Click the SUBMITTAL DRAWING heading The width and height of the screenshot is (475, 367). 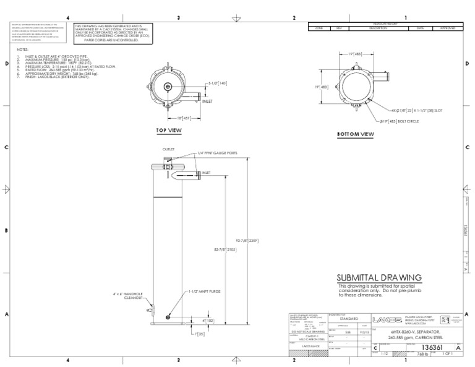tap(379, 277)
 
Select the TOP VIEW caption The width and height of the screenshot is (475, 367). tap(169, 131)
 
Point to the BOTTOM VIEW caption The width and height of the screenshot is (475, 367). tap(355, 134)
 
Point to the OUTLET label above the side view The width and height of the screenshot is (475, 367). tap(169, 149)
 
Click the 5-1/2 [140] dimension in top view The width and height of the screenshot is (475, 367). tap(218, 82)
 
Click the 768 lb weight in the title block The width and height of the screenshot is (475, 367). tap(423, 355)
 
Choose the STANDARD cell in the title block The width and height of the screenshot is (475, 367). tap(349, 318)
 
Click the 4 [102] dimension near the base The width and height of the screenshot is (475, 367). tap(208, 321)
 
